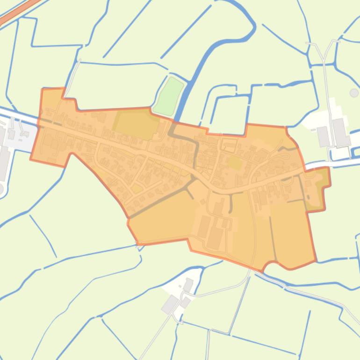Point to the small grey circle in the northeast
point(354,93)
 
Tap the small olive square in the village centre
point(235,163)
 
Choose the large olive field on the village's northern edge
point(136,124)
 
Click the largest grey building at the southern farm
point(169,304)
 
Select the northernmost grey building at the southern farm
point(188,284)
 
